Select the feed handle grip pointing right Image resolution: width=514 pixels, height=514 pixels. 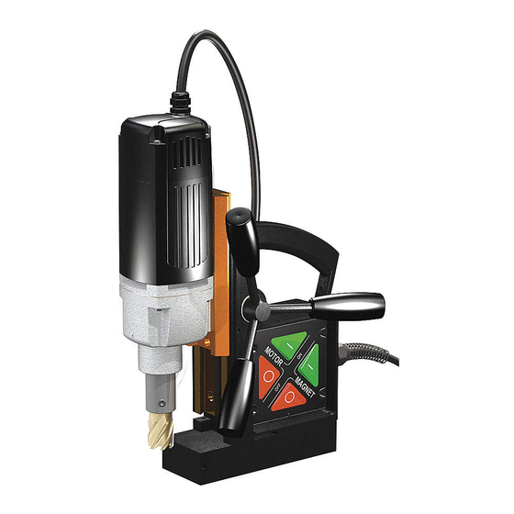click(353, 302)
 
